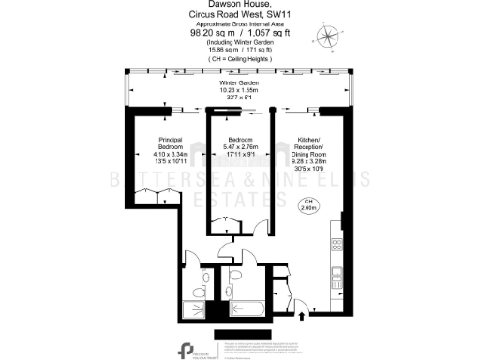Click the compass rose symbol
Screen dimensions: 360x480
point(329,37)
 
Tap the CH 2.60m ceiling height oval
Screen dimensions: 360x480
point(307,205)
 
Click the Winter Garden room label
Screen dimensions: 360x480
point(239,83)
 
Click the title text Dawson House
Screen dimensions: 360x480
point(239,5)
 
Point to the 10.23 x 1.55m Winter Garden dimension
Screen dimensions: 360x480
point(239,91)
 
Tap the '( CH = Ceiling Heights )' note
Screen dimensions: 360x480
point(239,59)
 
